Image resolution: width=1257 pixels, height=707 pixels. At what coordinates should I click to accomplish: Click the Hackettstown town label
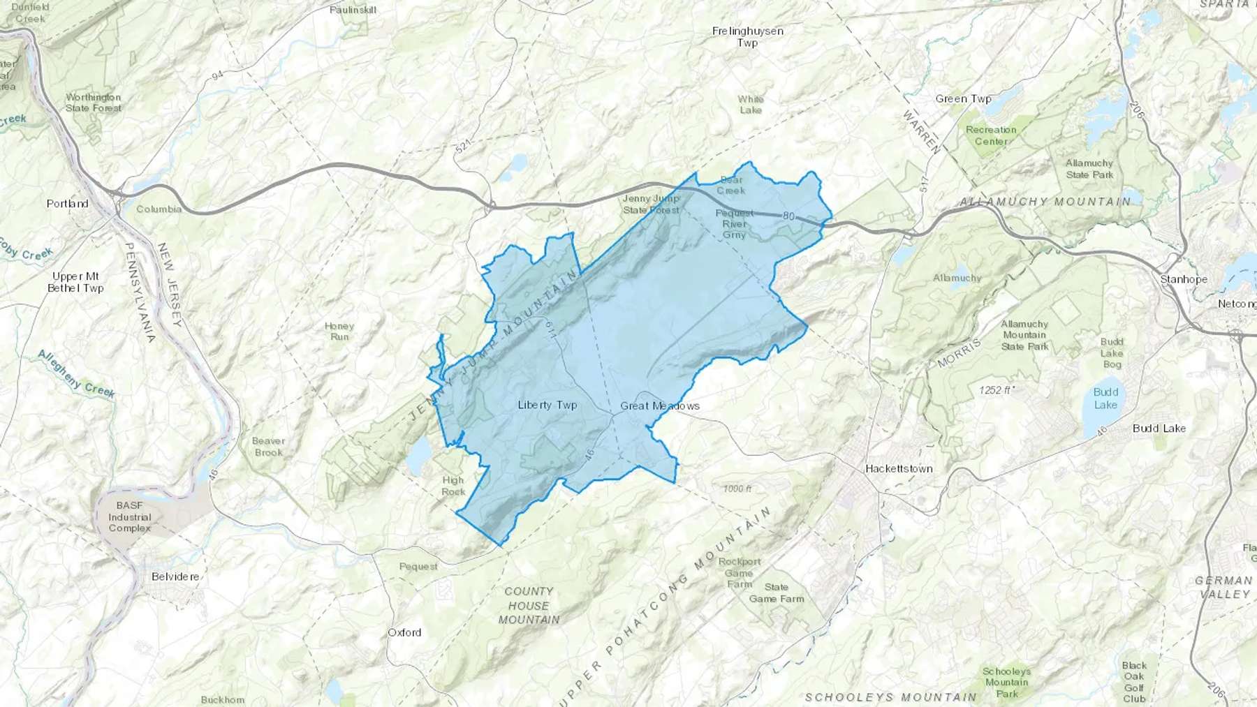tap(899, 468)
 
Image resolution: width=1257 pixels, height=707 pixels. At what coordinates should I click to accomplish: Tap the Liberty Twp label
tap(547, 405)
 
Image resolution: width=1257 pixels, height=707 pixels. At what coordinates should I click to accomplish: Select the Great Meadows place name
tap(660, 405)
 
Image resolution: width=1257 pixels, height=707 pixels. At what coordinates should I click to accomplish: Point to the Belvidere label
tap(175, 576)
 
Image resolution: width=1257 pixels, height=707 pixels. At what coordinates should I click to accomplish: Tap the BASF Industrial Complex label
tap(130, 516)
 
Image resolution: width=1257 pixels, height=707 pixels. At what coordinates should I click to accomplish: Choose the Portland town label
tap(68, 204)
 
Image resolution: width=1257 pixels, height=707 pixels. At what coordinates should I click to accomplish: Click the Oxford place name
tap(405, 632)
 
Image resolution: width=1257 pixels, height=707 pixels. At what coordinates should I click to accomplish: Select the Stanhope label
tap(1184, 279)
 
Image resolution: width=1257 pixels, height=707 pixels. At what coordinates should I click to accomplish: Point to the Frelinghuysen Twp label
tap(748, 37)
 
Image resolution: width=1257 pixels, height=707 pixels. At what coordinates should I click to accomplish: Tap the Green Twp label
tap(964, 98)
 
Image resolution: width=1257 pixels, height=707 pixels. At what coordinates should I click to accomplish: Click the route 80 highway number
tap(788, 216)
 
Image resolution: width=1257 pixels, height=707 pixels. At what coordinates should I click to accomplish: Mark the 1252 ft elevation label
tap(996, 390)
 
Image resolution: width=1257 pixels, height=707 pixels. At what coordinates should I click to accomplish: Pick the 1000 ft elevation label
tap(737, 489)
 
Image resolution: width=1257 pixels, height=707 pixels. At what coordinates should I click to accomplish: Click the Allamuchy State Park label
tap(1089, 169)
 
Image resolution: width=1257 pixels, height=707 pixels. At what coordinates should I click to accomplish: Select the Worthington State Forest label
tap(94, 103)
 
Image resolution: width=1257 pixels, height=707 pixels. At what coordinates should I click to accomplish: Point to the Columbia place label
tap(159, 209)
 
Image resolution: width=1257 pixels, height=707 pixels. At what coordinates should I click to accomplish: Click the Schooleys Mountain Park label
tap(1007, 683)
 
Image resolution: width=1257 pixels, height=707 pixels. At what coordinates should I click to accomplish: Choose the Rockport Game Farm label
tap(740, 573)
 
